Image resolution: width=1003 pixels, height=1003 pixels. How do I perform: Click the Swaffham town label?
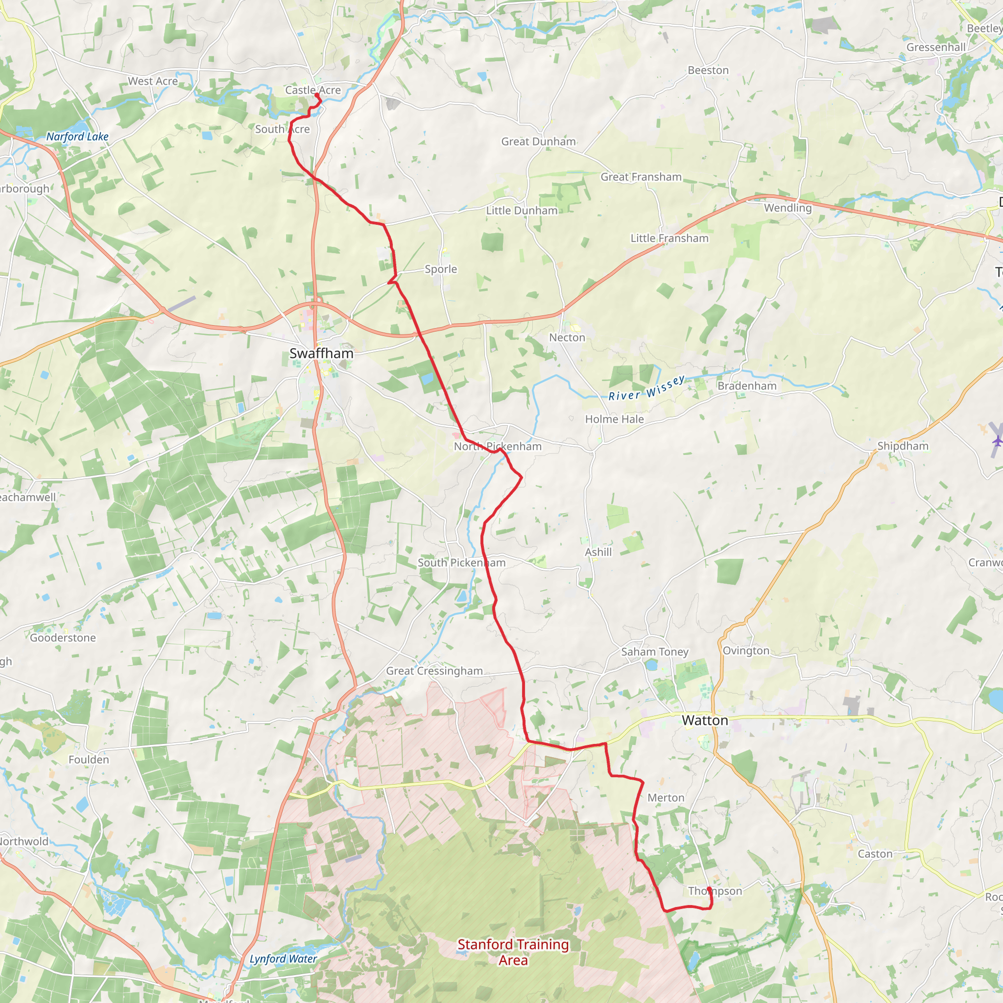tap(321, 354)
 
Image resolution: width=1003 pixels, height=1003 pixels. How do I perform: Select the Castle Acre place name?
tap(312, 90)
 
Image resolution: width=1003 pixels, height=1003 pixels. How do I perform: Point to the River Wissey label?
tap(646, 388)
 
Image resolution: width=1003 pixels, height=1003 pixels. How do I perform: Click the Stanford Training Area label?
tap(513, 952)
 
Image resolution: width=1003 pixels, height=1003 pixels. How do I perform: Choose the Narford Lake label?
tap(77, 137)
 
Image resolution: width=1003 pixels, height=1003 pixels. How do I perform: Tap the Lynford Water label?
tap(283, 959)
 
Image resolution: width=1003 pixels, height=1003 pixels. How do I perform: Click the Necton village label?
tap(567, 337)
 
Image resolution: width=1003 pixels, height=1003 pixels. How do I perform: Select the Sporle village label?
tap(441, 269)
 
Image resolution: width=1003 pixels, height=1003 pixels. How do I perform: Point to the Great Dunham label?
tap(538, 141)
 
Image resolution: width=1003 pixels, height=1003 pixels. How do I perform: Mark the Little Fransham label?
tap(669, 239)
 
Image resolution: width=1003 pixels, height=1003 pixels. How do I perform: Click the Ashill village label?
tap(598, 552)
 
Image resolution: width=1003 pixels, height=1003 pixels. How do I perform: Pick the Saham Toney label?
tap(655, 651)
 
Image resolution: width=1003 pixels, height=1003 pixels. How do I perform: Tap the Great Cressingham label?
tap(434, 671)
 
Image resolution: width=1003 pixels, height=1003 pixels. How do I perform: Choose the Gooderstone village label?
tap(63, 638)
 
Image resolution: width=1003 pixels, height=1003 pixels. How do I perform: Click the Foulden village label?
tap(89, 760)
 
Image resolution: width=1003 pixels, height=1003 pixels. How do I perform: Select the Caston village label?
tap(875, 854)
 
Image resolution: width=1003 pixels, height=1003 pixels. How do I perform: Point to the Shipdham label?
tap(903, 446)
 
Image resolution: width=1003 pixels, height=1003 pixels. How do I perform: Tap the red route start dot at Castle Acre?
tap(317, 95)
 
